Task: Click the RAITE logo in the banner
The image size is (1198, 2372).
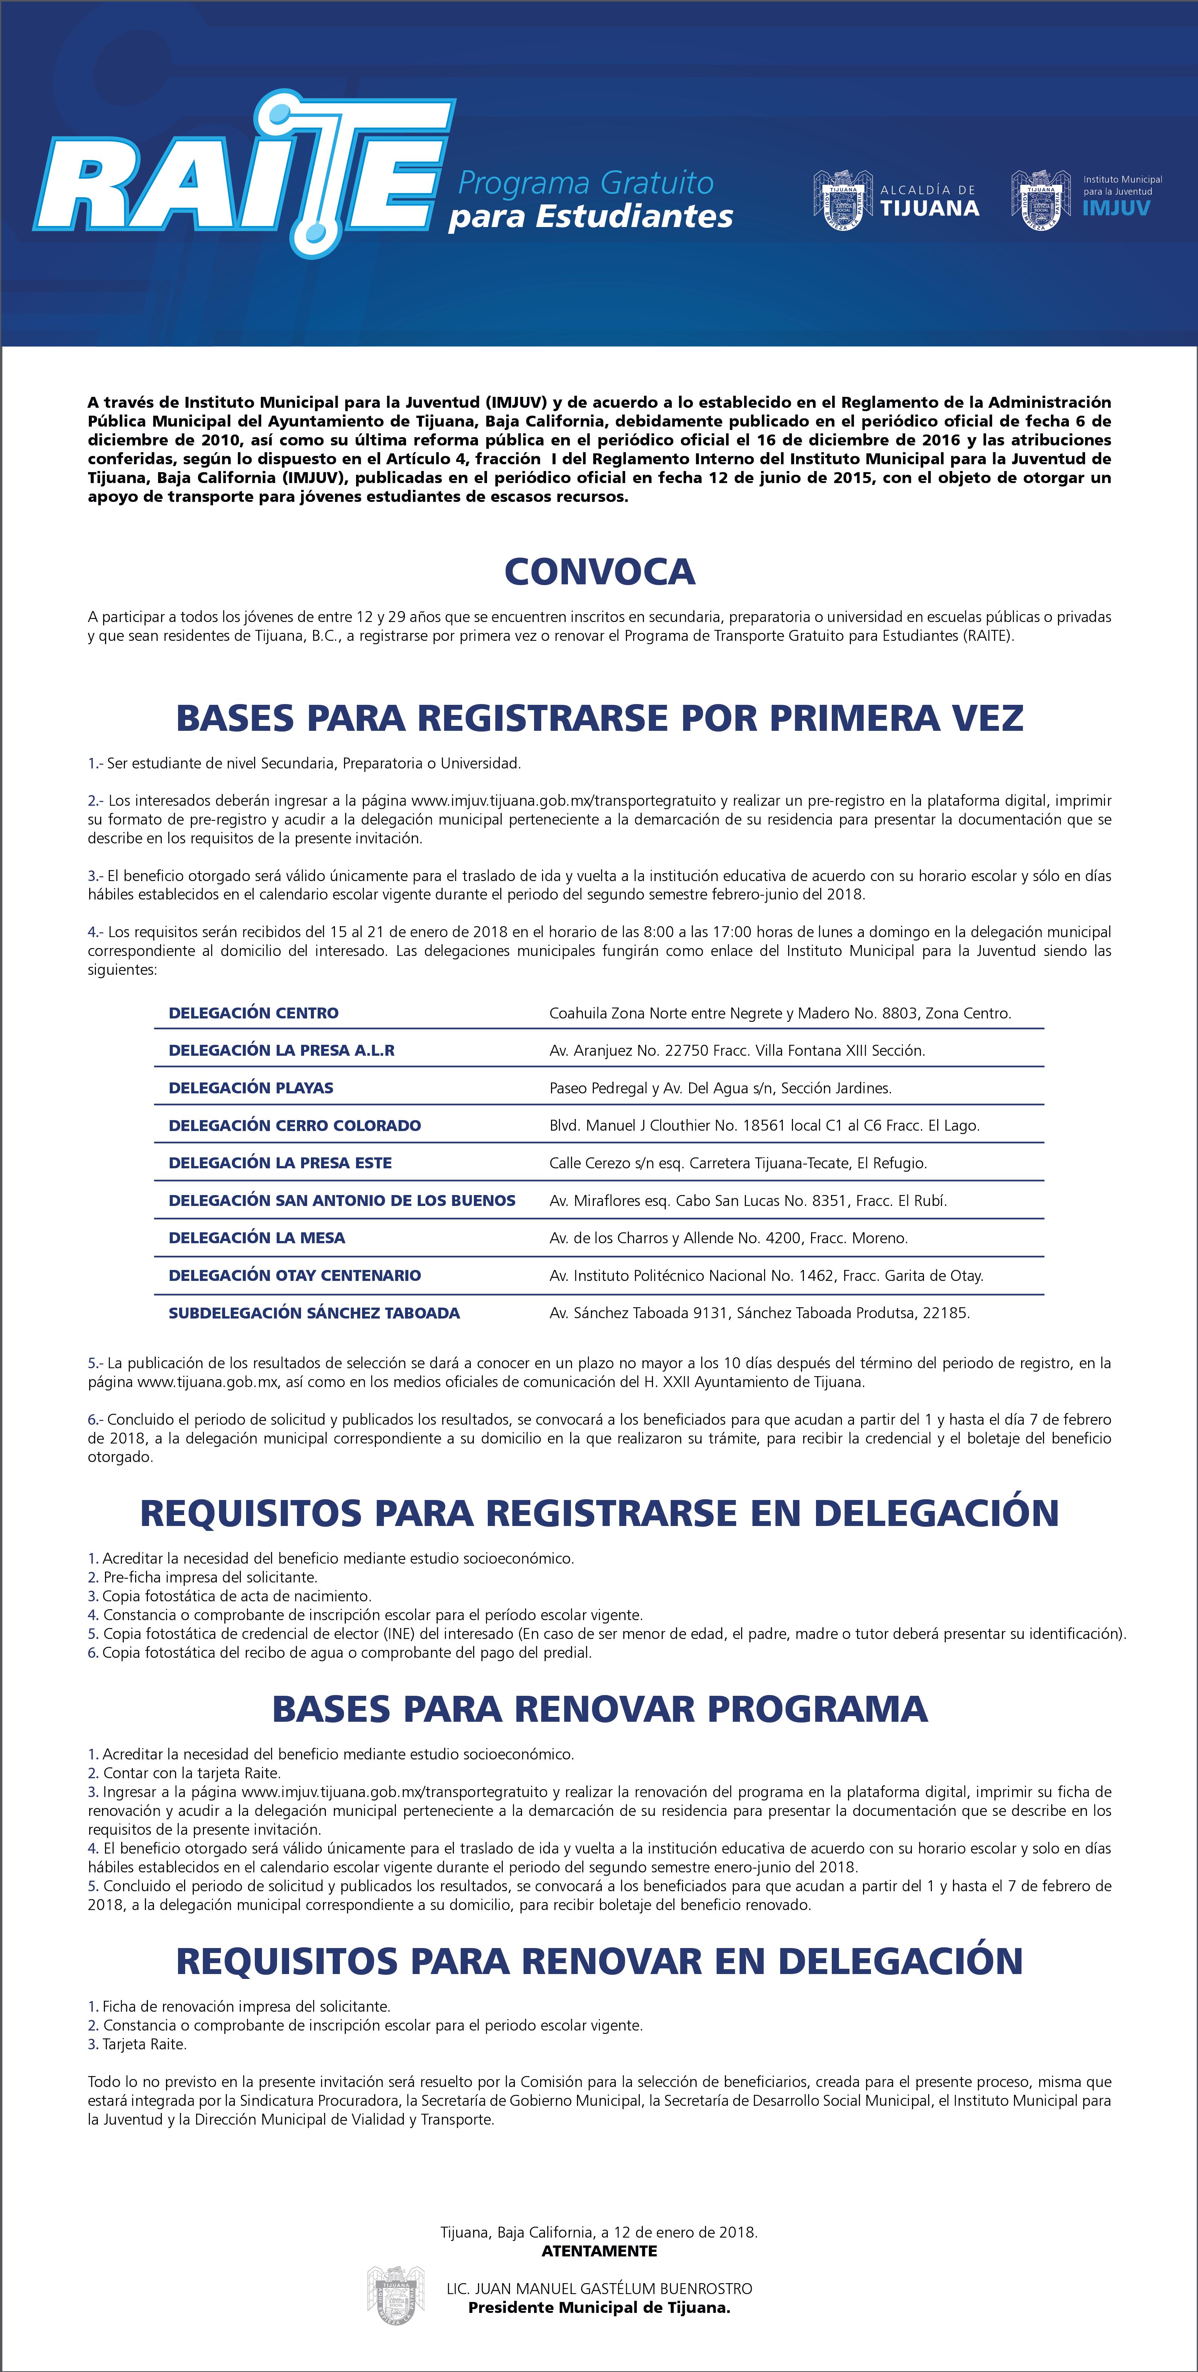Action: point(244,175)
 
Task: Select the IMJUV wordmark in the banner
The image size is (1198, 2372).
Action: point(1116,208)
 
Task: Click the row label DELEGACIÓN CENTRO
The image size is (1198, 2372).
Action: point(253,1013)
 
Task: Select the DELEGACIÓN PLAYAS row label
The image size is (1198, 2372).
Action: point(250,1087)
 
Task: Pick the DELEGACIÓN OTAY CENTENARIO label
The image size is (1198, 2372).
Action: point(295,1275)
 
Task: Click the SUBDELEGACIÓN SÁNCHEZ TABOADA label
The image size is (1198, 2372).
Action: point(314,1313)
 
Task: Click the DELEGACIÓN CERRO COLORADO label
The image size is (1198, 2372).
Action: point(295,1125)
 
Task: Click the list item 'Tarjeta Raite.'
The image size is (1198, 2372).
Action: point(145,2044)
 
